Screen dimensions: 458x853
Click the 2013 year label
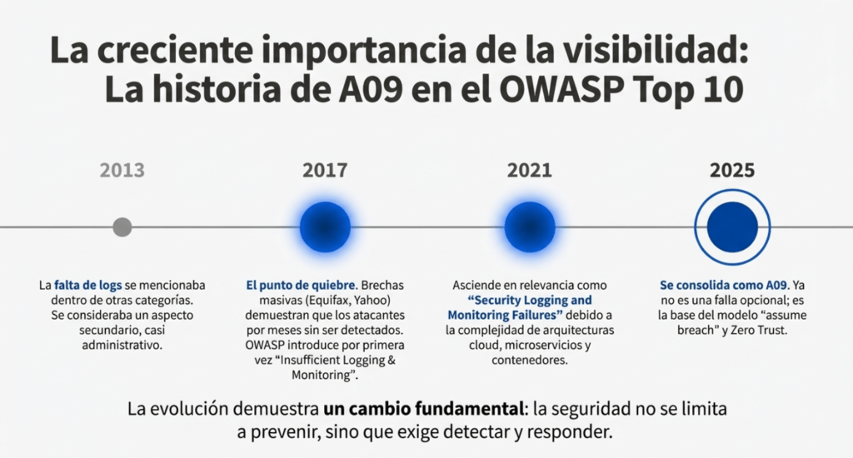[x=122, y=171]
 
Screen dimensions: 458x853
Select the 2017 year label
[x=325, y=171]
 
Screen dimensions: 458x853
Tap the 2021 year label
[x=529, y=171]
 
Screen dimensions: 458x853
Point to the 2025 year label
[x=732, y=171]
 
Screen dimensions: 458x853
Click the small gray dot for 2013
[x=122, y=227]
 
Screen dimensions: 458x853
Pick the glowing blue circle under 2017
[x=325, y=227]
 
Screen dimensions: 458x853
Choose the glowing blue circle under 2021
[x=529, y=227]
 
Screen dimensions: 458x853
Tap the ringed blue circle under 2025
[x=732, y=227]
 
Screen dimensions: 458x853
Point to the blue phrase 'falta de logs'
[x=89, y=285]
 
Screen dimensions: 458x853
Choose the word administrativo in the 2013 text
[x=122, y=345]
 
